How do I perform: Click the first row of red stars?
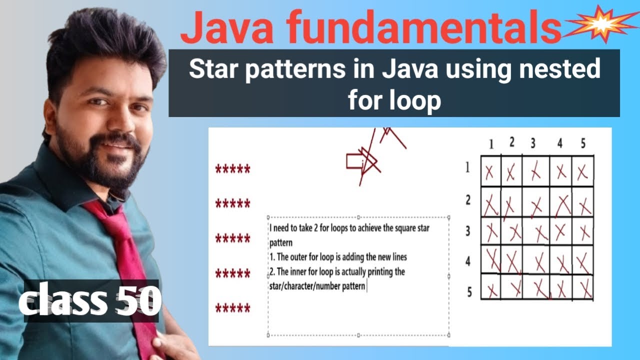pos(232,169)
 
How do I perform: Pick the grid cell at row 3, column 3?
pos(536,231)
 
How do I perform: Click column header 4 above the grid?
pos(559,143)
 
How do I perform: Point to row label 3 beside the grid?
pos(468,231)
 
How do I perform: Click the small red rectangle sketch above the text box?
pos(356,161)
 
